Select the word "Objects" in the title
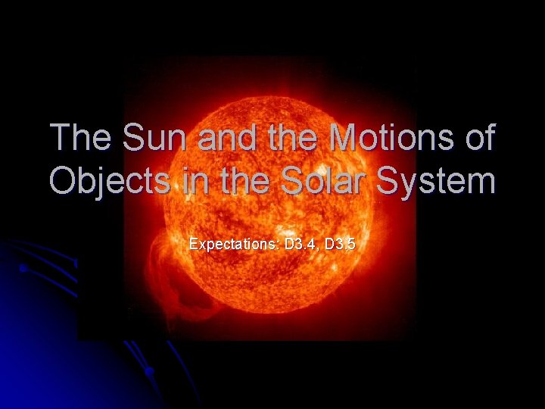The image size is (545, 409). tap(110, 183)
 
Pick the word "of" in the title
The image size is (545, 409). tap(475, 139)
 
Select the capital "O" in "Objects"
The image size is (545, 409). tap(63, 183)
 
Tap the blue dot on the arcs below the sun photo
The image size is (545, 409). tap(149, 370)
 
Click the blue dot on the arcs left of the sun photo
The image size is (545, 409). tap(23, 268)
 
